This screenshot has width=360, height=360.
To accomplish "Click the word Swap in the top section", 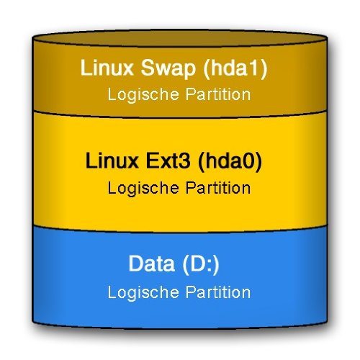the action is (x=168, y=69).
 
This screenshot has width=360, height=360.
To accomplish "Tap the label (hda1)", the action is (x=235, y=69).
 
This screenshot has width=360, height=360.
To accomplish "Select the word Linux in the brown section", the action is (x=107, y=68).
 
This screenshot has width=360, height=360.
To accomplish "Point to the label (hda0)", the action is (x=230, y=161).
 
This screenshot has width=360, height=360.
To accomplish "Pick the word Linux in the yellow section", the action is (x=112, y=161).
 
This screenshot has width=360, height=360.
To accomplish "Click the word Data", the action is (x=151, y=264).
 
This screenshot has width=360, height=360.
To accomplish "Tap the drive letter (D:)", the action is (x=201, y=265).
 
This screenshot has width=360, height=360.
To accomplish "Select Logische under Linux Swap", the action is (x=143, y=95).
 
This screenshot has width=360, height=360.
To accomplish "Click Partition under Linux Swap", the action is (x=218, y=94).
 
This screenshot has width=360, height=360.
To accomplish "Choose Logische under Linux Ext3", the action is (x=143, y=189).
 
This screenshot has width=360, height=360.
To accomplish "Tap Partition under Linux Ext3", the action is (x=218, y=188).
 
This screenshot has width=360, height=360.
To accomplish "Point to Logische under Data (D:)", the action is (x=143, y=293).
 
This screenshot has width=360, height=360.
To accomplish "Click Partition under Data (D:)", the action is (x=218, y=292).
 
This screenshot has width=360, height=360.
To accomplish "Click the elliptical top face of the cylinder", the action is (x=180, y=37).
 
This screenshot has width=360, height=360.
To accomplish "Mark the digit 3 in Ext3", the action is (x=185, y=161).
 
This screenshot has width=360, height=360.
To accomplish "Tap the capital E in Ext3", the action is (x=153, y=161).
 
